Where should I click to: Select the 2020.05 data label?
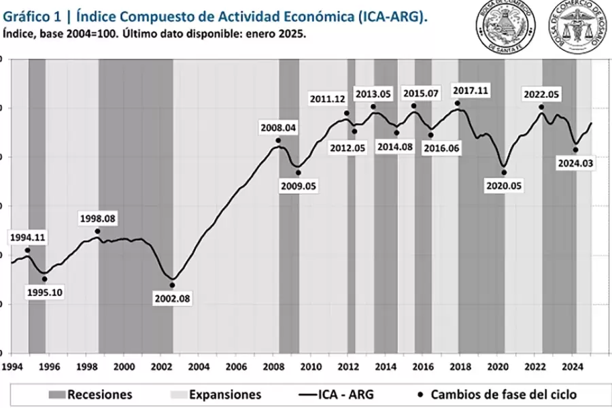pyautogui.click(x=505, y=185)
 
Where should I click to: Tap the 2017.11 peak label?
pyautogui.click(x=457, y=91)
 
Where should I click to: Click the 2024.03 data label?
pyautogui.click(x=575, y=163)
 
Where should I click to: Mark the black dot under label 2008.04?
pyautogui.click(x=278, y=141)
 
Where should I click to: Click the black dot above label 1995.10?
pyautogui.click(x=45, y=279)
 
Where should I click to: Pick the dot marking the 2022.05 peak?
pyautogui.click(x=541, y=107)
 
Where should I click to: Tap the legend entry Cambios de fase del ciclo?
pyautogui.click(x=502, y=394)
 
